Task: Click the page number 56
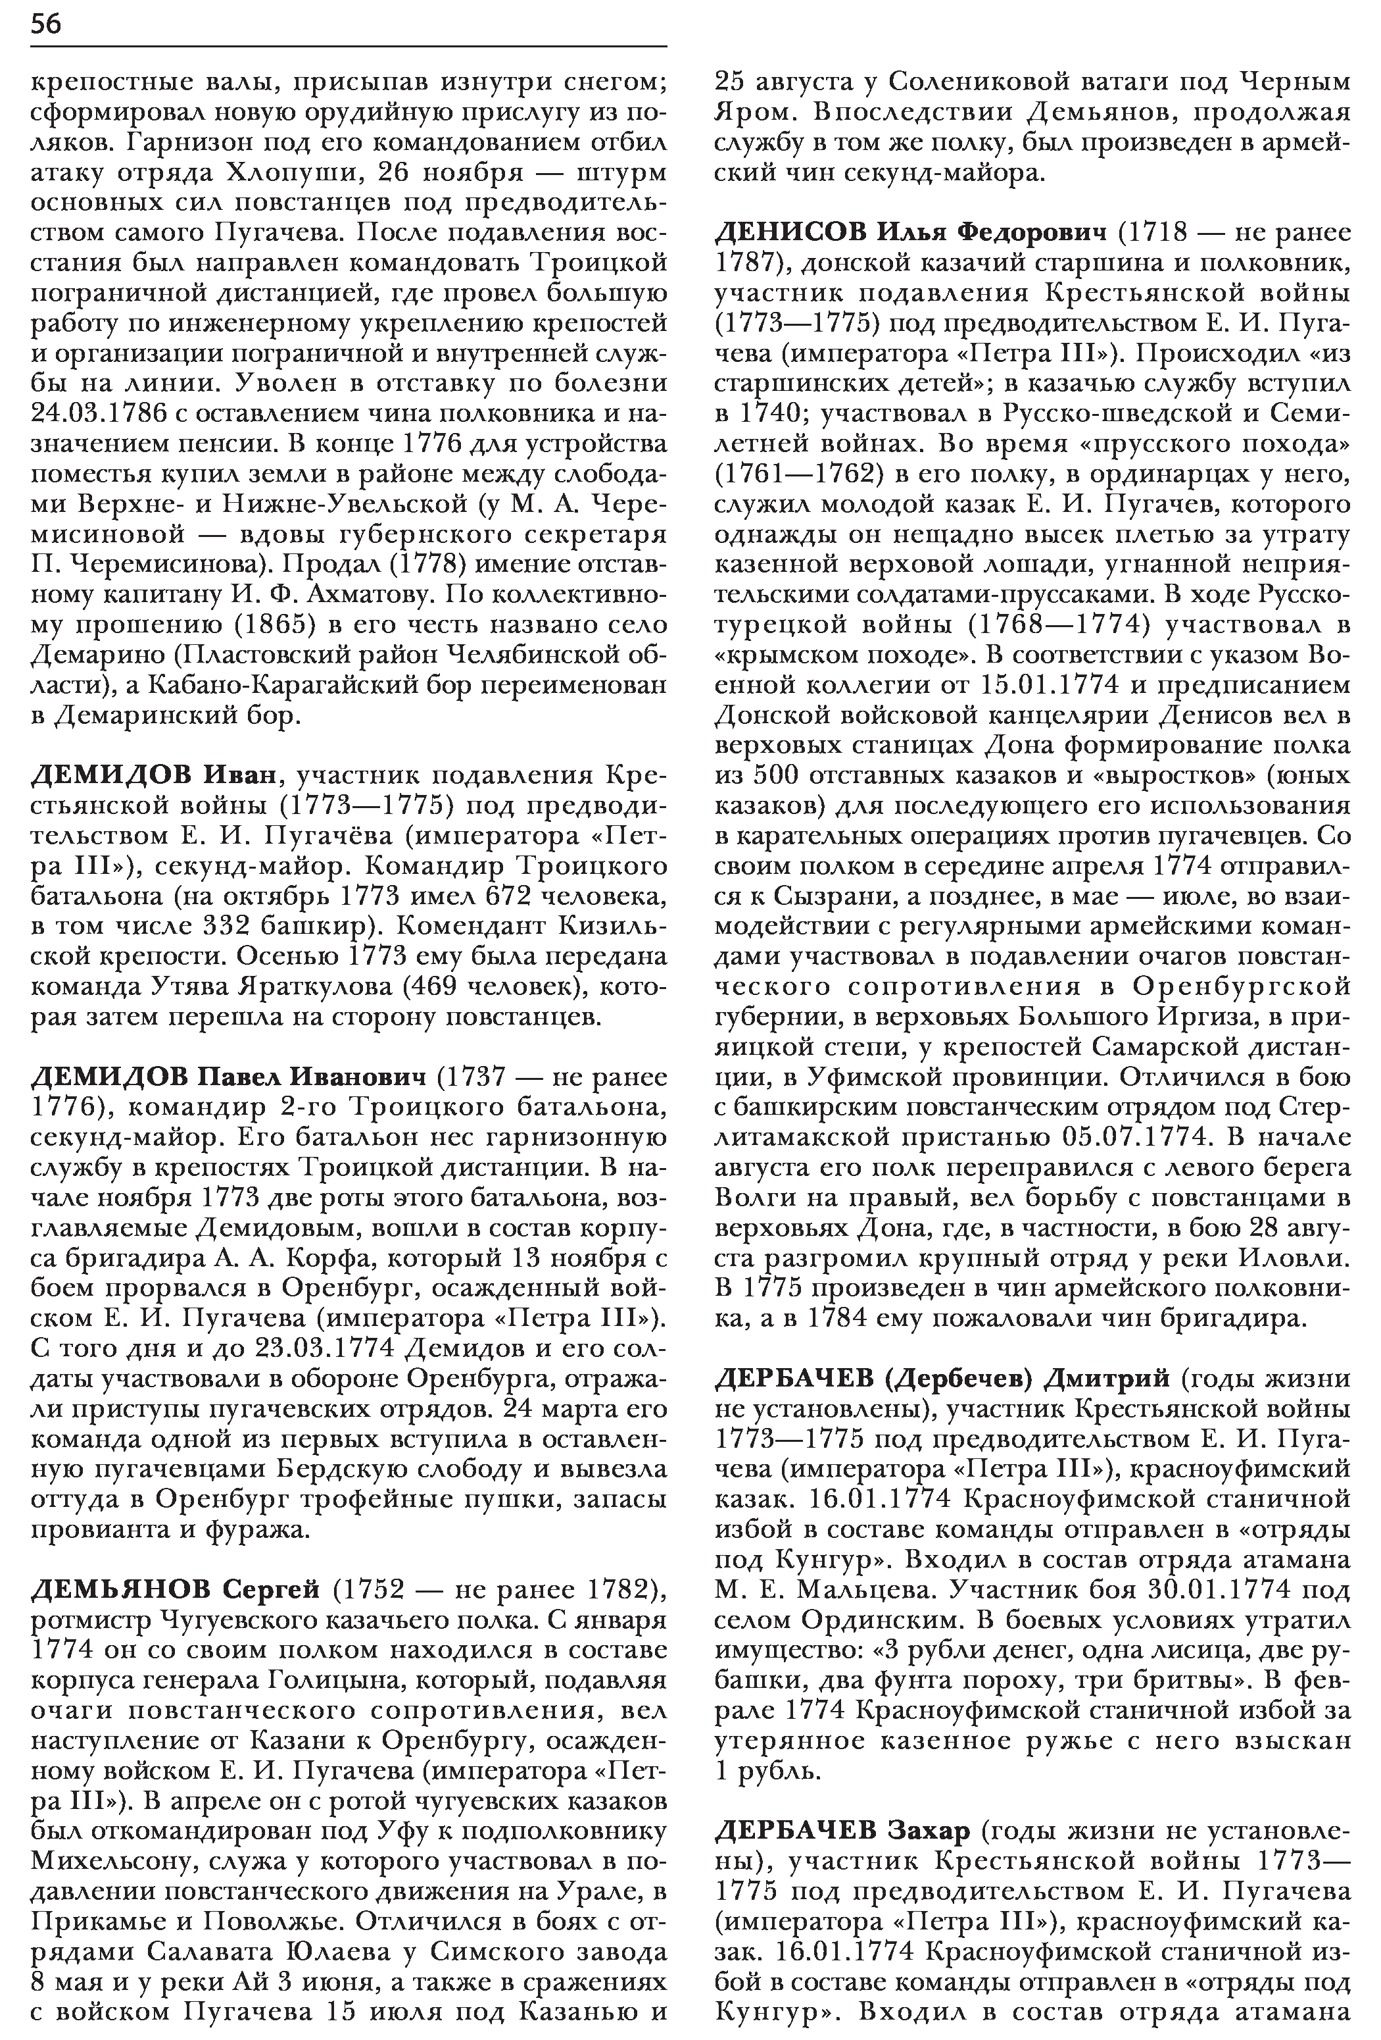pyautogui.click(x=45, y=24)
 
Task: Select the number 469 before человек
pyautogui.click(x=433, y=986)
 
